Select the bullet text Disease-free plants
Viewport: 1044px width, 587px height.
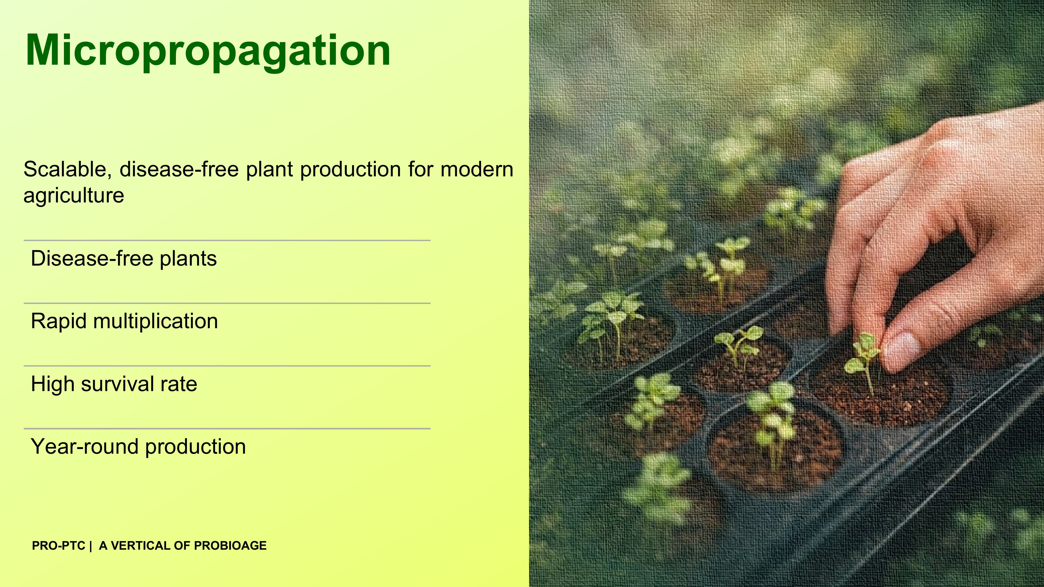(124, 259)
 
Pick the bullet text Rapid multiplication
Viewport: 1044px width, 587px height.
(124, 321)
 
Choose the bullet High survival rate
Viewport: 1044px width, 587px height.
(114, 384)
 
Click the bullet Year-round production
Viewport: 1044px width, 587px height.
(138, 447)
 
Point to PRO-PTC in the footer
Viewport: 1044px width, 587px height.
(58, 546)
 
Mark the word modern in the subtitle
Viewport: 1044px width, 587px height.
(477, 169)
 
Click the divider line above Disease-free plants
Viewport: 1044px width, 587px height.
(227, 241)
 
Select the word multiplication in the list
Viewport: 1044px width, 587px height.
(156, 321)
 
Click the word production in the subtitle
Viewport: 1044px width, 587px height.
(351, 169)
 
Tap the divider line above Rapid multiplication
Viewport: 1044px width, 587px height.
(227, 303)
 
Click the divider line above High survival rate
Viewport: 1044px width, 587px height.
(227, 366)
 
